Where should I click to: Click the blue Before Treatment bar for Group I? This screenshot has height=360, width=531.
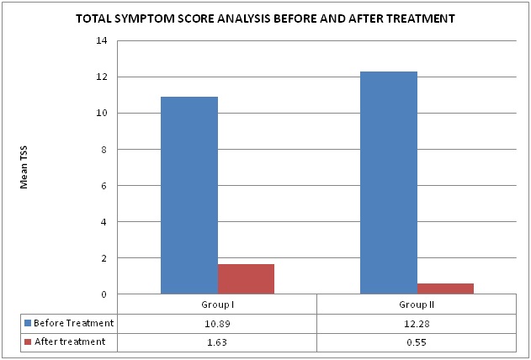click(x=189, y=195)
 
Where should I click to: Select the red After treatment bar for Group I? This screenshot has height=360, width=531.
click(x=246, y=279)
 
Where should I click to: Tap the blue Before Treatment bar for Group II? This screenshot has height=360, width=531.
click(x=388, y=183)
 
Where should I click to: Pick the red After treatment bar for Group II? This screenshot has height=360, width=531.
click(x=445, y=289)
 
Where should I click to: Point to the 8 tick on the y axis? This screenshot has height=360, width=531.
click(x=103, y=150)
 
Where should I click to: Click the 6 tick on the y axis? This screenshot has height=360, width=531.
click(x=103, y=186)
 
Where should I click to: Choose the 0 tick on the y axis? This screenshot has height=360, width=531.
click(x=103, y=294)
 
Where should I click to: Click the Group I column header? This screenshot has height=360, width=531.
click(x=216, y=304)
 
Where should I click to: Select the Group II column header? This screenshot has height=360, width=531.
click(x=416, y=304)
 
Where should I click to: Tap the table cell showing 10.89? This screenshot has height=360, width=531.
click(x=216, y=323)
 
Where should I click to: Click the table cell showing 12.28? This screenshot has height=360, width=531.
click(x=416, y=323)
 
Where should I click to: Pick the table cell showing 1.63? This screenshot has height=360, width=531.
click(x=216, y=341)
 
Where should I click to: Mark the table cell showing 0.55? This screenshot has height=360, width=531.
click(x=416, y=341)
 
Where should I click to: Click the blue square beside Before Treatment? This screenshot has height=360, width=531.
click(x=29, y=323)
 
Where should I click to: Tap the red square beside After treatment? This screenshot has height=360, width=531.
click(x=29, y=341)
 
